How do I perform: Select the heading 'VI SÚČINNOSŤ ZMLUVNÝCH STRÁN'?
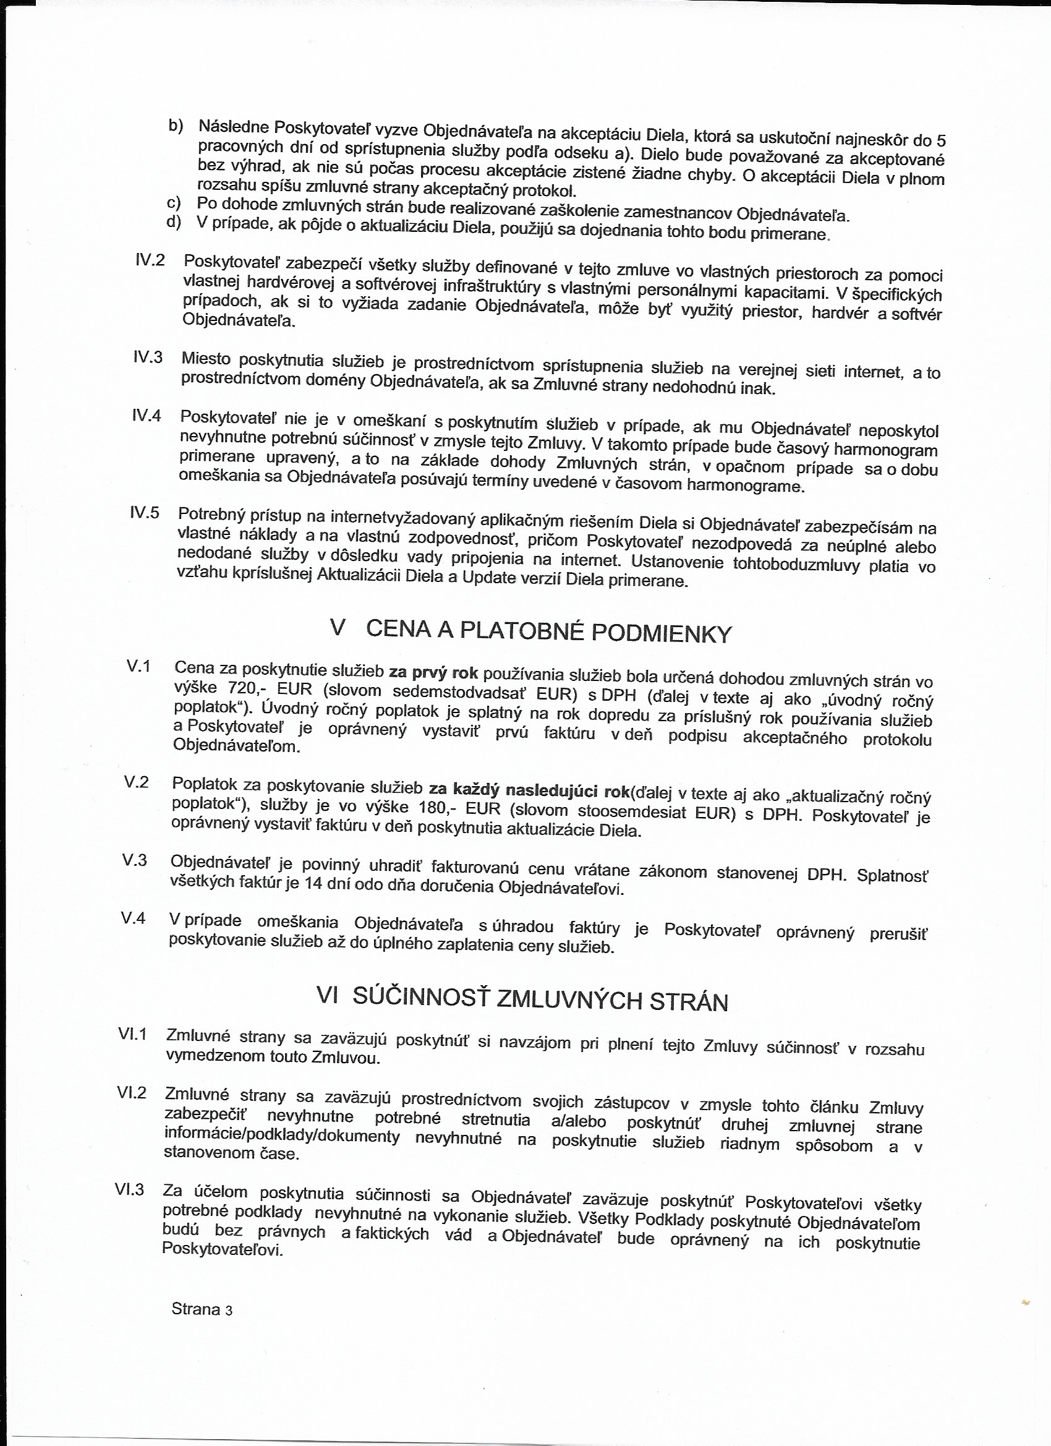522,999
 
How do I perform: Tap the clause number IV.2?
150,260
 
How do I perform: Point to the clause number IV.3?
148,356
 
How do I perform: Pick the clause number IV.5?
145,513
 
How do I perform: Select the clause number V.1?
138,666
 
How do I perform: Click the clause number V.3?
135,860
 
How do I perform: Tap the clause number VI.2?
132,1093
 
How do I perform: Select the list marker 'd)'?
173,222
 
